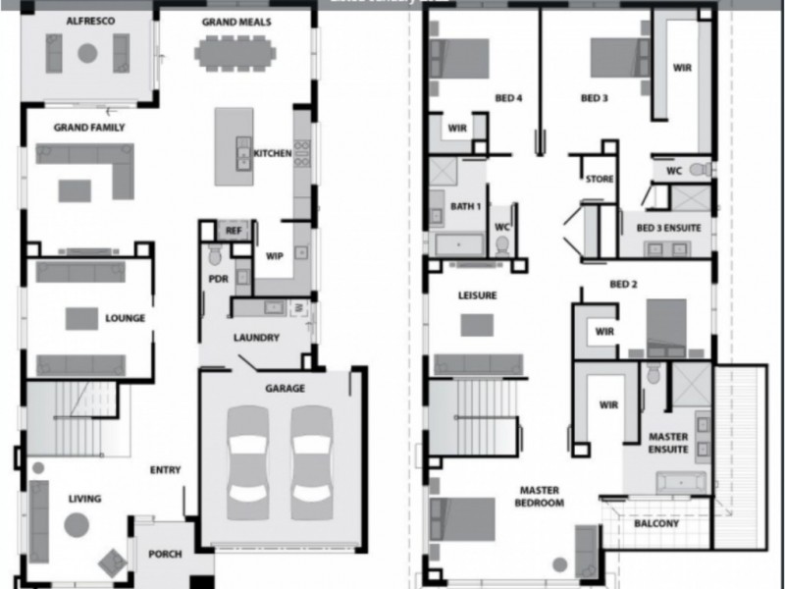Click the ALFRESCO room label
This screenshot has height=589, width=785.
[x=88, y=21]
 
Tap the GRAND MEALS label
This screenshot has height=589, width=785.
[x=236, y=21]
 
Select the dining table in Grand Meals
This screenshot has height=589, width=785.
[x=236, y=52]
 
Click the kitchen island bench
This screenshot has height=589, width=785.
[x=234, y=143]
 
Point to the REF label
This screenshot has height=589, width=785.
[x=233, y=231]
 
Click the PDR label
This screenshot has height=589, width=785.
[x=218, y=278]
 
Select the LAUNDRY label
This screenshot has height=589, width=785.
[x=256, y=338]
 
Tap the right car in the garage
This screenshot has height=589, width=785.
[x=312, y=460]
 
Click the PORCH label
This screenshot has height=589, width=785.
[x=164, y=554]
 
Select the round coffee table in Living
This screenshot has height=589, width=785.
[x=77, y=525]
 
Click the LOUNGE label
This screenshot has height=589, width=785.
[x=126, y=318]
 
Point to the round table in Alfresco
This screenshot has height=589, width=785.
[x=88, y=54]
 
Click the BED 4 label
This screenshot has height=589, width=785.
[x=507, y=98]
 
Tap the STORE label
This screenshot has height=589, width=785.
[x=599, y=180]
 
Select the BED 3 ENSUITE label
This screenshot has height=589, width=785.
[x=668, y=228]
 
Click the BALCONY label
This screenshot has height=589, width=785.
[x=655, y=524]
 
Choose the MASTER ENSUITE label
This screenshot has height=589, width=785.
[x=667, y=443]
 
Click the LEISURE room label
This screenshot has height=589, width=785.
[x=477, y=294]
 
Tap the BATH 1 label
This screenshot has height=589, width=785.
[x=464, y=206]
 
